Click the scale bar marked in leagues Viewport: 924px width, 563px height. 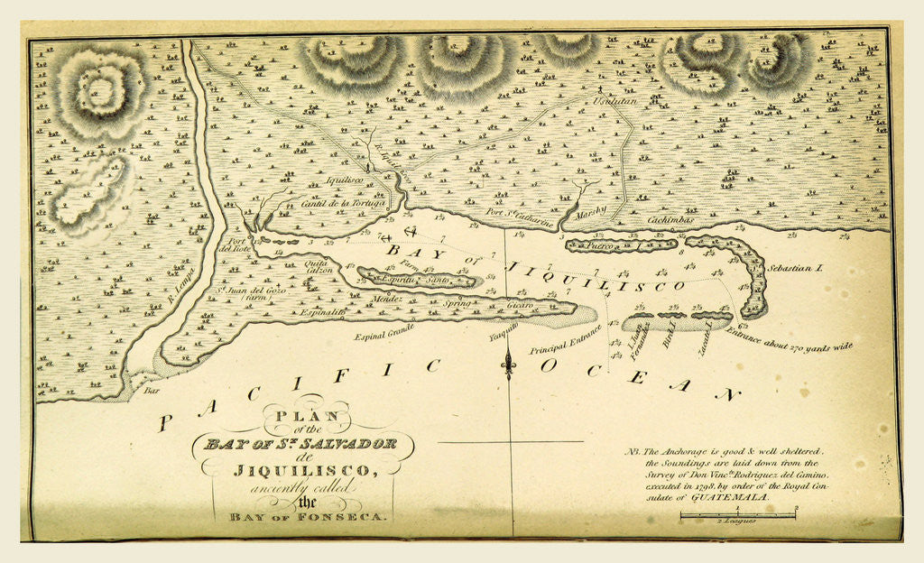(737, 515)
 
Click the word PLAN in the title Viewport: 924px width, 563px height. (300, 417)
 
